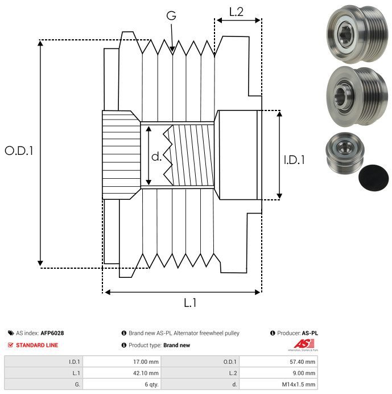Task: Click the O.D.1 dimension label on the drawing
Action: [19, 151]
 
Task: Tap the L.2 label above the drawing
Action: [236, 12]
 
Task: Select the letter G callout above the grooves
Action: [171, 15]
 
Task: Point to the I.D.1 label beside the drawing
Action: [294, 160]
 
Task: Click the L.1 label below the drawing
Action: [190, 303]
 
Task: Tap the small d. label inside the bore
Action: [156, 157]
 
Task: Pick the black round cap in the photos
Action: [373, 178]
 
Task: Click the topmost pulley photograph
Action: [357, 34]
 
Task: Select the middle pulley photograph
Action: [357, 97]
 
